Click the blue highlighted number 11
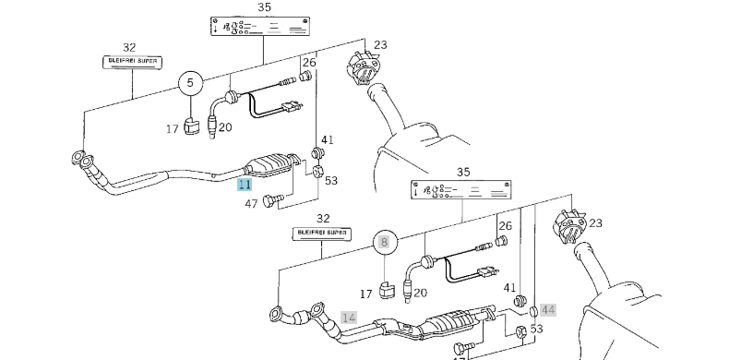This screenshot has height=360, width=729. click(245, 185)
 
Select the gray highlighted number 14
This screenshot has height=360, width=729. click(349, 317)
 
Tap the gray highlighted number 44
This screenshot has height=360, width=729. click(548, 310)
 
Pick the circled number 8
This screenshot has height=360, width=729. click(385, 244)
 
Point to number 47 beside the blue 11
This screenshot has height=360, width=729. click(251, 203)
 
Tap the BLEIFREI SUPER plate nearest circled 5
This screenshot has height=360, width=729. click(130, 63)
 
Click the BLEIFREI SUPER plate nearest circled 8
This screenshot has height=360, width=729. click(323, 234)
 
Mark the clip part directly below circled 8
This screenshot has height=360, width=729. click(388, 290)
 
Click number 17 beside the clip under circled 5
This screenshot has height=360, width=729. click(173, 129)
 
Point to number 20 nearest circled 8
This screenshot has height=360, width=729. click(420, 294)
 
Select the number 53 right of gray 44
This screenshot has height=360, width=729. click(536, 328)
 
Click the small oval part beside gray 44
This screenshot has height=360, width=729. click(533, 311)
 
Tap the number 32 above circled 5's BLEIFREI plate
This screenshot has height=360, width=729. click(129, 47)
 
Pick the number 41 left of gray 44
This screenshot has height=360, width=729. click(510, 287)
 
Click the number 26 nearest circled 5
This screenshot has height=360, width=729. click(309, 63)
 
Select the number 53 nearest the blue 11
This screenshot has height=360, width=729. click(330, 180)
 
